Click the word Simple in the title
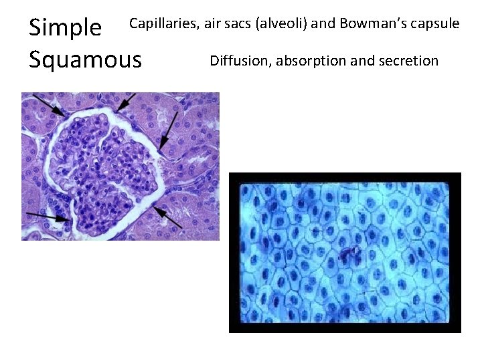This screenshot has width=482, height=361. coord(65,27)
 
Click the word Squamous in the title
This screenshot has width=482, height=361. coord(85,59)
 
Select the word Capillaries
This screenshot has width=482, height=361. coord(163,24)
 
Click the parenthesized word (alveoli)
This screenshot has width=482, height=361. coord(280,24)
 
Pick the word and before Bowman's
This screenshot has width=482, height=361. coord(324,24)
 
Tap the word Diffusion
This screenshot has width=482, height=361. coord(240,61)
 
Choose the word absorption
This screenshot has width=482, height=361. coord(311,61)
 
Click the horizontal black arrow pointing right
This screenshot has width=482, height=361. coord(48,216)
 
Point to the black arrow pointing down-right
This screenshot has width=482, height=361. coord(48,105)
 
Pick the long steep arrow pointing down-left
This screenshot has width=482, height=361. coord(169,130)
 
